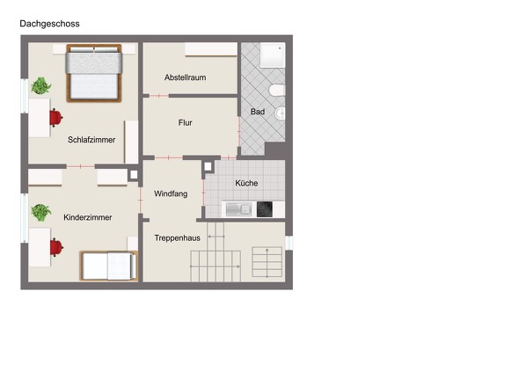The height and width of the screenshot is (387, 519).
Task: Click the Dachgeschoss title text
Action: (x=49, y=24)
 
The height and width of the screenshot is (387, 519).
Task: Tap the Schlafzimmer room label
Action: (x=91, y=140)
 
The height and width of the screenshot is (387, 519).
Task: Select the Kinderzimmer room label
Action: (x=88, y=217)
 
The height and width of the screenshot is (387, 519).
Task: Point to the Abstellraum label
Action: (x=185, y=77)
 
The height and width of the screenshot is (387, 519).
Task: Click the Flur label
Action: (x=185, y=123)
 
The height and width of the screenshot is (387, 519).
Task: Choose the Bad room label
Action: (x=258, y=112)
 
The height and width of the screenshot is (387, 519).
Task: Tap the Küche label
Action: (x=246, y=183)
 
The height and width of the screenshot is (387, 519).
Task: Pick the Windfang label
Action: (x=171, y=193)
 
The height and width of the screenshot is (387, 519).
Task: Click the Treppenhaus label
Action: (x=177, y=238)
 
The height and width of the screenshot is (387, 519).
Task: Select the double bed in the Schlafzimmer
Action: (x=94, y=73)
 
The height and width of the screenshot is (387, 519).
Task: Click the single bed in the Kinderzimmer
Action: (x=108, y=266)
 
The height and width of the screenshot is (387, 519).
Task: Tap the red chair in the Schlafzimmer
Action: (x=55, y=118)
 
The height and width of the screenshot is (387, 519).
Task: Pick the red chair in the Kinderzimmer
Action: (x=56, y=248)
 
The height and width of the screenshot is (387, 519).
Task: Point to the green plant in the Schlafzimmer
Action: (x=41, y=86)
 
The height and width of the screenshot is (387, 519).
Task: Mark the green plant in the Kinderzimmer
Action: (x=41, y=212)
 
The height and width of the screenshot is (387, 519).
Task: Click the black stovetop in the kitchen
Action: (x=265, y=209)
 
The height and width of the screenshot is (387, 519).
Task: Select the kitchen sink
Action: (x=238, y=209)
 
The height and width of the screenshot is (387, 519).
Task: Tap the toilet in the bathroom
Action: (x=277, y=90)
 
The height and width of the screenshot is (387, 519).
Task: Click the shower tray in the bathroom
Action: (x=273, y=55)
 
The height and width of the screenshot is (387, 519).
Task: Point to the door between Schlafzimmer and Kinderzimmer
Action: (x=80, y=166)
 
